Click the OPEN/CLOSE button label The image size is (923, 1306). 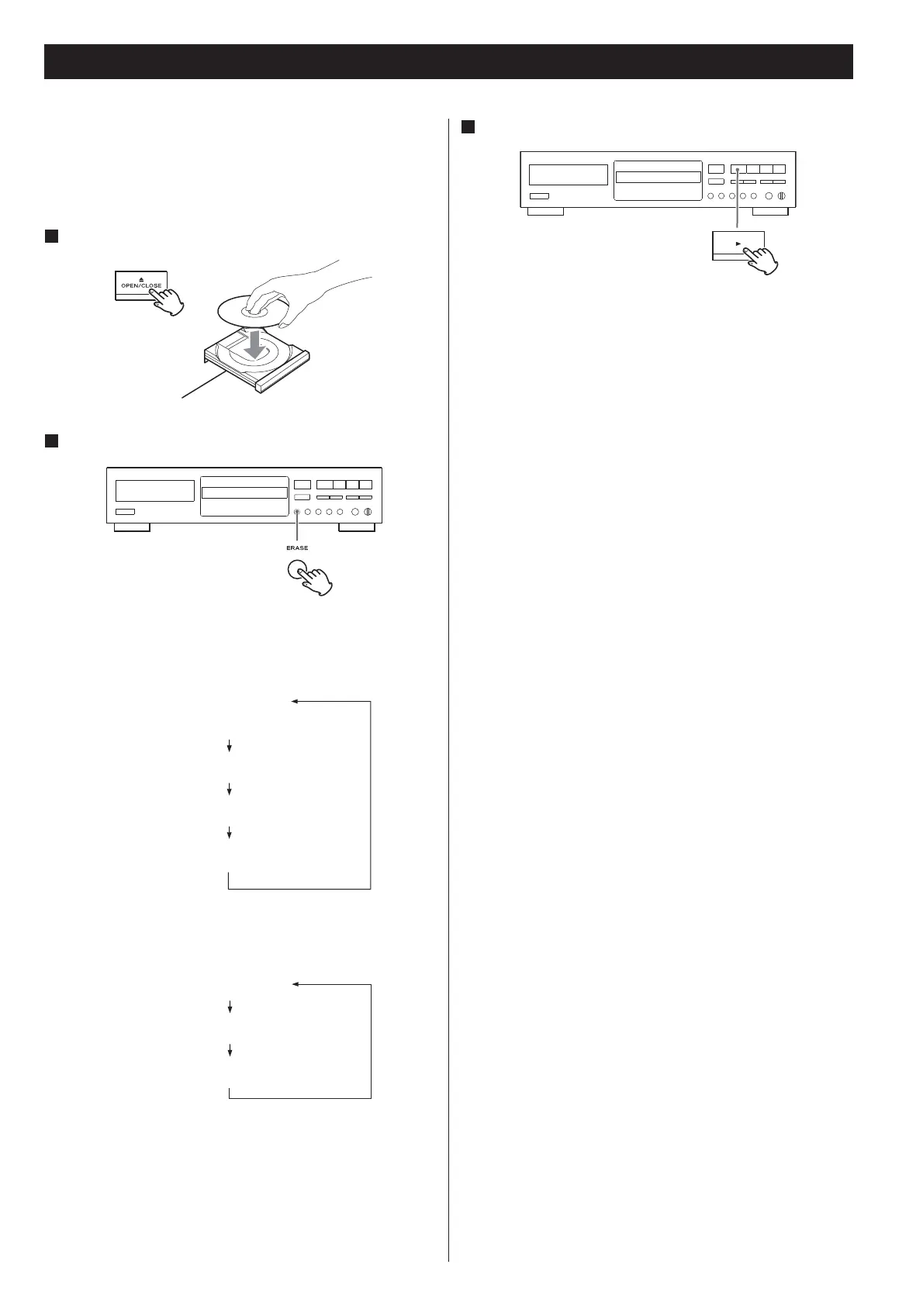(x=141, y=285)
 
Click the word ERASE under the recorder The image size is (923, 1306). (x=297, y=548)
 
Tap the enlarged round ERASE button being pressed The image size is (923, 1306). (x=296, y=571)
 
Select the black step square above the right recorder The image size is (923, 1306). (x=467, y=126)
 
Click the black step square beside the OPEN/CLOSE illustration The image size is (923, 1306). (x=51, y=236)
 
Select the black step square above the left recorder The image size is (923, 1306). (x=51, y=441)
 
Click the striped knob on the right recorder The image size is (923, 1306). (x=781, y=195)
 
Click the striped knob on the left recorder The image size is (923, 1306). (x=367, y=512)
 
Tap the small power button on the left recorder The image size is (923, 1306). (x=125, y=512)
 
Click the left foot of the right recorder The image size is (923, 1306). (x=545, y=211)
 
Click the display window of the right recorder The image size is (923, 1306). (x=658, y=177)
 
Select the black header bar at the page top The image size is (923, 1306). (x=448, y=61)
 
